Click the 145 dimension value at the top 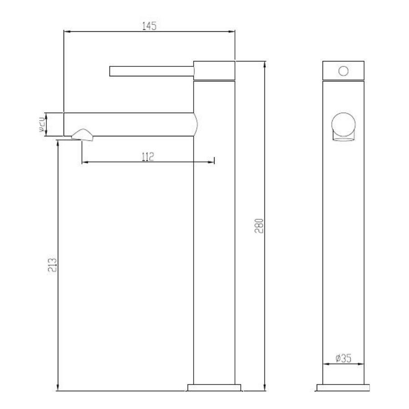coord(149,26)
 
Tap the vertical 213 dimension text coord(52,264)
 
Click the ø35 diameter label coord(343,359)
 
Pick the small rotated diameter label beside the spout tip coord(41,124)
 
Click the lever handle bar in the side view coord(152,71)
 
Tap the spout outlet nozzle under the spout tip coord(83,135)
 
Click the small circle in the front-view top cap coord(344,70)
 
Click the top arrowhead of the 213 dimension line coord(58,143)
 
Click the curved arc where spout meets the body coord(197,124)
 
